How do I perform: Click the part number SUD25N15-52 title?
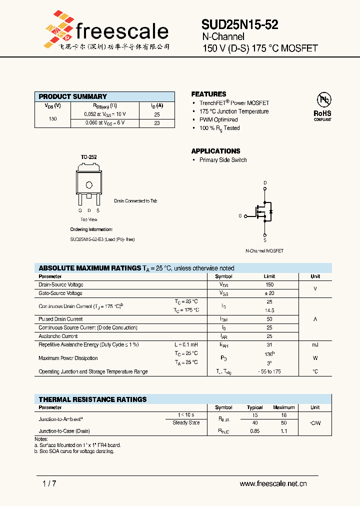[x=240, y=25]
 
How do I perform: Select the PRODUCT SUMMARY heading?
[x=73, y=96]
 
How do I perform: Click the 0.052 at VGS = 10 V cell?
[x=104, y=114]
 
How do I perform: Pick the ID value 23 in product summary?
[x=157, y=123]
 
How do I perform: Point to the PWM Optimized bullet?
[x=218, y=120]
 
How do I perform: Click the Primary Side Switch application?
[x=223, y=160]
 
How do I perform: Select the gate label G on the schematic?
[x=240, y=216]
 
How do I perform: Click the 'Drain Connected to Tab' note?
[x=135, y=201]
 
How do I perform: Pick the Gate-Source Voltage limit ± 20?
[x=269, y=293]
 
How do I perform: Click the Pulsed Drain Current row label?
[x=60, y=319]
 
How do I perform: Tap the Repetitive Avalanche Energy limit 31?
[x=269, y=345]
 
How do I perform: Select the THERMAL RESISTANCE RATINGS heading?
[x=93, y=399]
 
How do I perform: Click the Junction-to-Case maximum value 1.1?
[x=284, y=431]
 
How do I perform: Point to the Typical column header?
[x=255, y=407]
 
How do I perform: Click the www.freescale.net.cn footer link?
[x=273, y=483]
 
